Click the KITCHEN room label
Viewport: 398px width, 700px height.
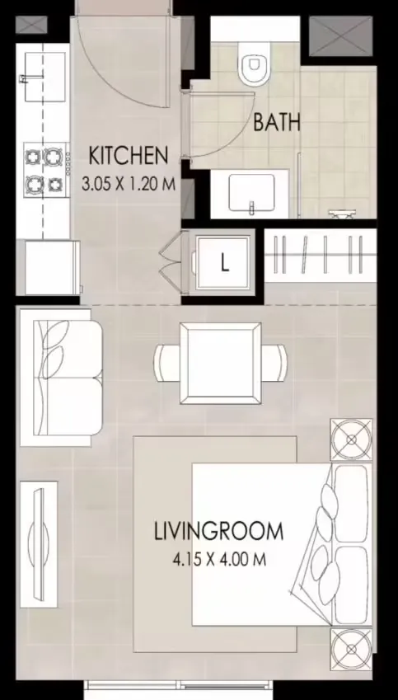[x=128, y=154]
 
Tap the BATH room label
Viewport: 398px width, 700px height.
[x=276, y=124]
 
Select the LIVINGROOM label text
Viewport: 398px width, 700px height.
[x=218, y=531]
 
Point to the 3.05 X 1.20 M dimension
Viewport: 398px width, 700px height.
[x=129, y=184]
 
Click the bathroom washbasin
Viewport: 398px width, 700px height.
[x=249, y=195]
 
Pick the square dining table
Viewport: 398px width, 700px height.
[x=220, y=363]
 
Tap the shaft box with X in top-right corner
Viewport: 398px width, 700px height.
[x=333, y=35]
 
